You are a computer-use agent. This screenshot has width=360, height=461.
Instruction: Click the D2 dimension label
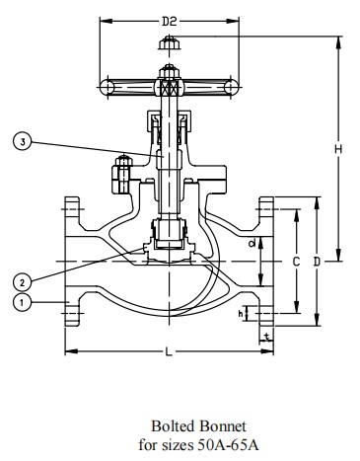coord(170,22)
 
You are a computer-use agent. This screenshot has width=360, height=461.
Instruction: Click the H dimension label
coord(338,149)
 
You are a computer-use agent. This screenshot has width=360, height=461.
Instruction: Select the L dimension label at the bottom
coord(169,352)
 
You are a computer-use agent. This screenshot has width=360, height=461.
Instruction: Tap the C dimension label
coord(296,262)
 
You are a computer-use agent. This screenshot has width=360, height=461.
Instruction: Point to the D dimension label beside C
coord(317,262)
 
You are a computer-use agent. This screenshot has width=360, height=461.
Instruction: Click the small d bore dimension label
coord(252,244)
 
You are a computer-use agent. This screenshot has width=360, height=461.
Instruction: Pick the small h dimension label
coord(241,314)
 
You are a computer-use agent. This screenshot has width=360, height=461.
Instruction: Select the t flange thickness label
coord(267,337)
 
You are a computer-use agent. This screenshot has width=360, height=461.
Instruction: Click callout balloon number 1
coord(22,302)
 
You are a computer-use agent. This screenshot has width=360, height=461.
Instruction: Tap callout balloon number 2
coord(22,282)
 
